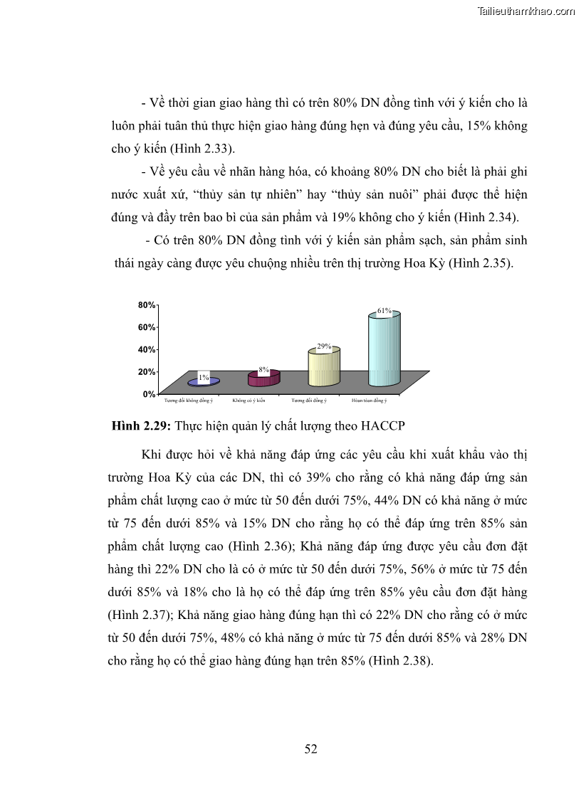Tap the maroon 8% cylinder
point(263,378)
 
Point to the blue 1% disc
point(204,382)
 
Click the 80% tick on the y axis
point(147,305)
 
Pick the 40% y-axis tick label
point(147,349)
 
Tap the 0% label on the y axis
point(149,393)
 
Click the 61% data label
point(384,311)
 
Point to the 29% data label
point(325,346)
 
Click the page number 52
point(310,748)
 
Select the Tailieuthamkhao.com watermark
point(527,11)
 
